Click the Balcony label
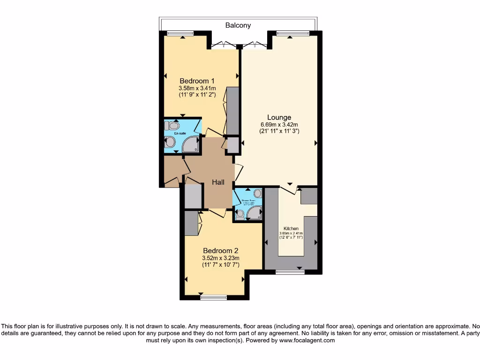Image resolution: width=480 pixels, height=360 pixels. click(x=238, y=25)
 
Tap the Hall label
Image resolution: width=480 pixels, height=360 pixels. click(x=218, y=182)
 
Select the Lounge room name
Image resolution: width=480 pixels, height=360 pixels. click(x=279, y=117)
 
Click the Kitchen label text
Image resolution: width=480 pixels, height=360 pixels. click(x=291, y=228)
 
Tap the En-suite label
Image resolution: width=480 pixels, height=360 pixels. click(x=180, y=134)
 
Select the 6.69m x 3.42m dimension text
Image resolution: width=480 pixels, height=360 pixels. click(x=279, y=124)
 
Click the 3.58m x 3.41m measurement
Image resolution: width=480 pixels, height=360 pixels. click(x=197, y=88)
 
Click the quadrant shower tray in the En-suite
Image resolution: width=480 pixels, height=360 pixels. click(x=191, y=145)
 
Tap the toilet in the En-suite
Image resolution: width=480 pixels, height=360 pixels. click(x=172, y=126)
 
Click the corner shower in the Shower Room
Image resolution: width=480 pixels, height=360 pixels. click(x=255, y=213)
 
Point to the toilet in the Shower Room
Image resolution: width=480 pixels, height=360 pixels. click(x=240, y=214)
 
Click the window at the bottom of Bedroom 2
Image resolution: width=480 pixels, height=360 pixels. click(x=213, y=296)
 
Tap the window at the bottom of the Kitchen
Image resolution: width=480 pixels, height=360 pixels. click(x=290, y=271)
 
